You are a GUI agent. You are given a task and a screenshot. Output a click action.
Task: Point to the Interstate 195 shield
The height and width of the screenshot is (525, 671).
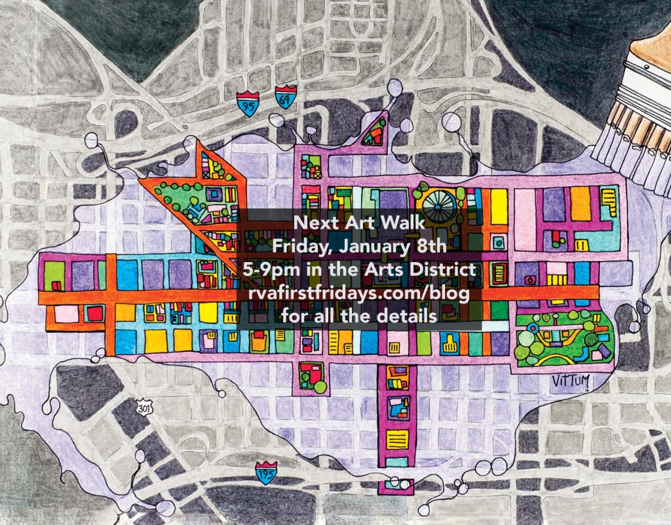coord(266,473)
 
